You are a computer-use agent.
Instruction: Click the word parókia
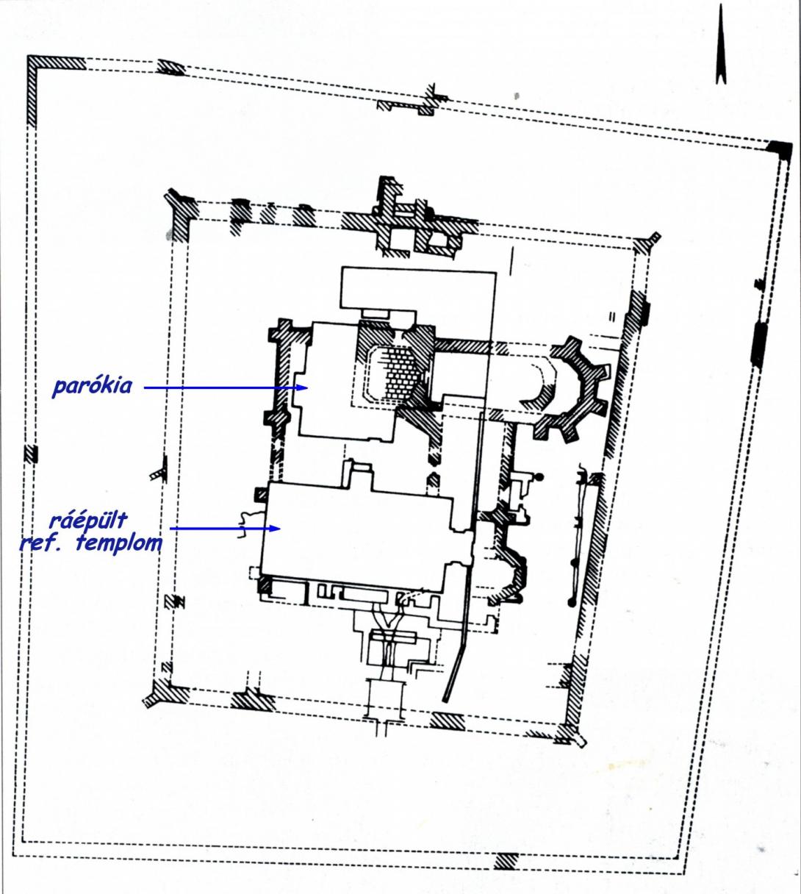click(92, 386)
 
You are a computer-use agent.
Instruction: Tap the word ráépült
click(87, 521)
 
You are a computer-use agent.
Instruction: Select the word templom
click(118, 543)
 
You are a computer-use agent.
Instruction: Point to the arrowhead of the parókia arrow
click(303, 387)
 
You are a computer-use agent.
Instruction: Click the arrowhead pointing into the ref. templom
click(276, 528)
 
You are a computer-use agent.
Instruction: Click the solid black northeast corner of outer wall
click(780, 150)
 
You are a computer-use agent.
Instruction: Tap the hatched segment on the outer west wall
click(31, 454)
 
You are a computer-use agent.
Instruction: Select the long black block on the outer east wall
click(760, 345)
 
